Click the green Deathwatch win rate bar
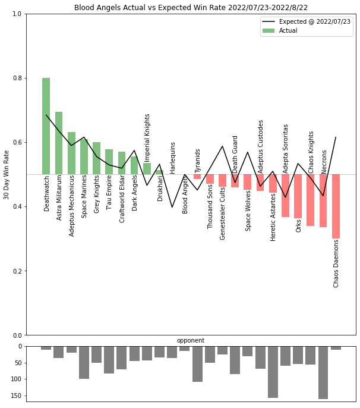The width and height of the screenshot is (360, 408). point(46,126)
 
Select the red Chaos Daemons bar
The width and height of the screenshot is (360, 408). point(336,206)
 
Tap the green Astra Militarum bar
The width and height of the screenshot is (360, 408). point(59,143)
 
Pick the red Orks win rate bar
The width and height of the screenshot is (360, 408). point(298,196)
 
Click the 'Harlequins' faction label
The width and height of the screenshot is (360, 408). point(173,157)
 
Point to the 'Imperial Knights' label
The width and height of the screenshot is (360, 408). point(147,137)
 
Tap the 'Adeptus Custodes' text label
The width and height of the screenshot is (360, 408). point(261,142)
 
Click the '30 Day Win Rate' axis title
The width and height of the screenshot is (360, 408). point(7,174)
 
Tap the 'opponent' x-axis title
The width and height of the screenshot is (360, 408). point(191,340)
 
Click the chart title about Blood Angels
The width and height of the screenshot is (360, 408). point(191,8)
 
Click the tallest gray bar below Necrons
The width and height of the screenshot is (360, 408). point(323,372)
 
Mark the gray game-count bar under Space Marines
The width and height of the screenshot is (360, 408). point(84,362)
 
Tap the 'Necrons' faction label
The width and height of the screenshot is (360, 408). point(324,161)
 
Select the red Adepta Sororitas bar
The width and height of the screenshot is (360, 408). point(286,196)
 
